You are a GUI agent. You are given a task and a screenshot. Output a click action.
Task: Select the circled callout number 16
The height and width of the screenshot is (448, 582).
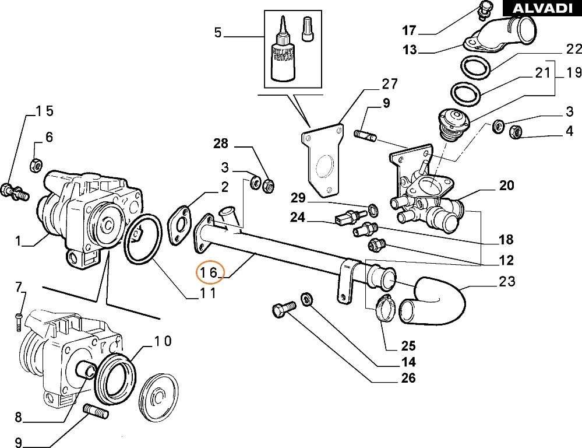tap(209, 272)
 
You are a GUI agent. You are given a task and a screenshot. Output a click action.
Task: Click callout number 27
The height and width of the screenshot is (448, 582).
tap(389, 84)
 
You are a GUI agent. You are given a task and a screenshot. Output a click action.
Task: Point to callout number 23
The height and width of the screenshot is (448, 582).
tap(507, 282)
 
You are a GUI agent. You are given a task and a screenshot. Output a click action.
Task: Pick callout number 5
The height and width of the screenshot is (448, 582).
tap(218, 32)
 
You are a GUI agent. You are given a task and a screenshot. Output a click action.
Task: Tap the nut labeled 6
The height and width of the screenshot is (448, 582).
tap(35, 165)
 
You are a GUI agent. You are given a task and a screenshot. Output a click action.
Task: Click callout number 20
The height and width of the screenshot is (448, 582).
tap(506, 185)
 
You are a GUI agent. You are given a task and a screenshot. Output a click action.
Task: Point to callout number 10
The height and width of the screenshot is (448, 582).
tap(163, 341)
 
